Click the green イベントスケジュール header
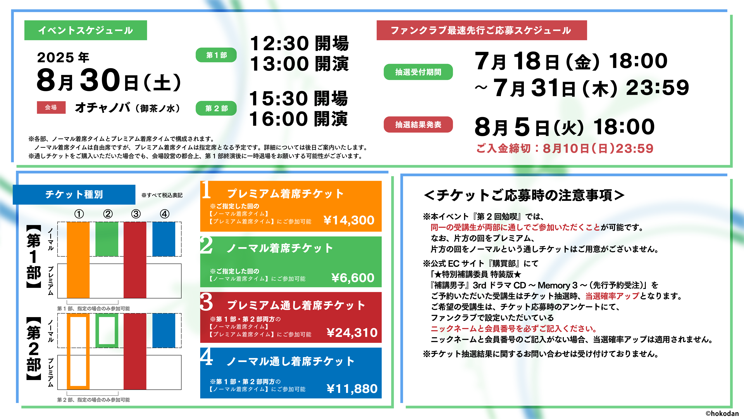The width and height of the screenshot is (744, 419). (85, 30)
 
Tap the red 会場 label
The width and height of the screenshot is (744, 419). (51, 107)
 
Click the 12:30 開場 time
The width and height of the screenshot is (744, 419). (299, 43)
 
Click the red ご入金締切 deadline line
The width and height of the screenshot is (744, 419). (565, 148)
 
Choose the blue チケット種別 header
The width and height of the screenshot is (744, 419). (74, 194)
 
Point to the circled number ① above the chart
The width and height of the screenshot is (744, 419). (79, 214)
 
